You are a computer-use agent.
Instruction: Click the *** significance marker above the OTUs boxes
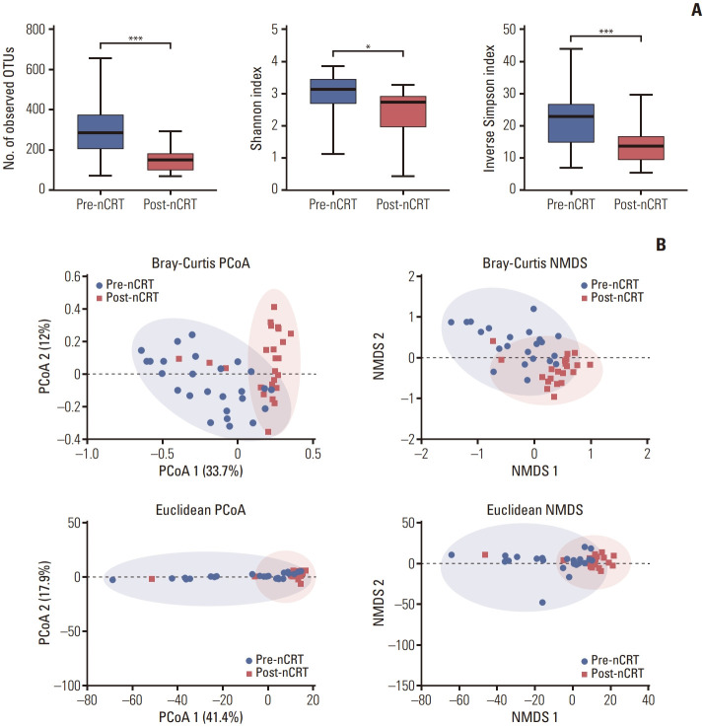pos(135,40)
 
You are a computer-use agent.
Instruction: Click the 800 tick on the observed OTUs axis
pos(44,30)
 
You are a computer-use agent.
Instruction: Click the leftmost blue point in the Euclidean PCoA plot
pos(112,580)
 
